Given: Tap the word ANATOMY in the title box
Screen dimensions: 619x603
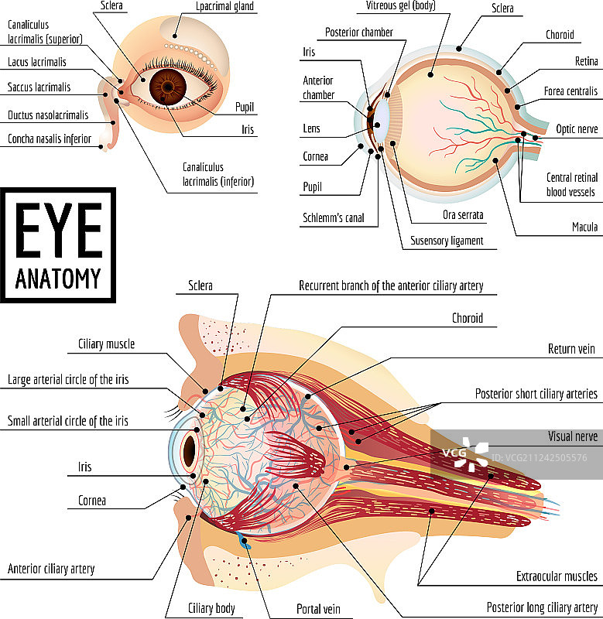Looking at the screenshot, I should [58, 277].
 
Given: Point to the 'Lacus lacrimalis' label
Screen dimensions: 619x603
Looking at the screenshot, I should [36, 62].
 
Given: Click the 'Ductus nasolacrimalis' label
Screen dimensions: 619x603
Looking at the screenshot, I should [48, 115].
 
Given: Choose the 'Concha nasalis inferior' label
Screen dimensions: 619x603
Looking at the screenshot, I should [50, 139].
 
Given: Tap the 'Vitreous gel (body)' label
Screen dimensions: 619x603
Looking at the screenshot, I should [400, 5].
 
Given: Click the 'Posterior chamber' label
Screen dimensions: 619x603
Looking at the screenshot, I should [359, 32].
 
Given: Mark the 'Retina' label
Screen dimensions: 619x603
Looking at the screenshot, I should [586, 61].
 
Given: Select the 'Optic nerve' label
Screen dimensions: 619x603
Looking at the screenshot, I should [577, 129].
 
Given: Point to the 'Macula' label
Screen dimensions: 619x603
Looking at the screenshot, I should [584, 227].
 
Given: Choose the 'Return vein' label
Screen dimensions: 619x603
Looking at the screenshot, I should [571, 349].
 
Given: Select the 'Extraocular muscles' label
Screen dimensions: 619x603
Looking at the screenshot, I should [557, 576].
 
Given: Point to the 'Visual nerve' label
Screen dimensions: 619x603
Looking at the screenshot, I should [572, 436].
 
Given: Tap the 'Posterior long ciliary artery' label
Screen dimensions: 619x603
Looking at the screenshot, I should [542, 607].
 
